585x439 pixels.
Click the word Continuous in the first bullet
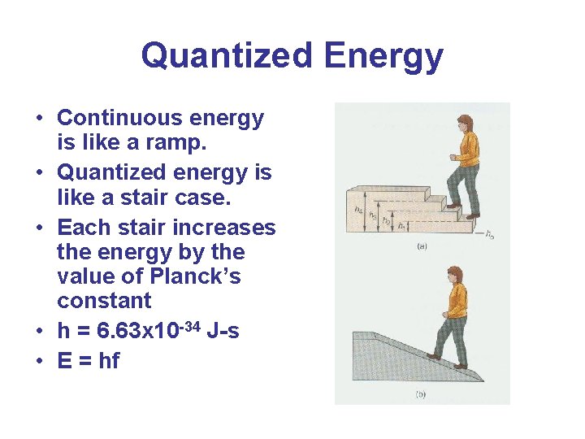pyautogui.click(x=120, y=118)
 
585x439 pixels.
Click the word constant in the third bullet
pyautogui.click(x=104, y=300)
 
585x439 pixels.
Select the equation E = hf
pyautogui.click(x=89, y=360)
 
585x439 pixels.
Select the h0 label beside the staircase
pyautogui.click(x=489, y=236)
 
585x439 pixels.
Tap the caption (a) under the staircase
pyautogui.click(x=422, y=245)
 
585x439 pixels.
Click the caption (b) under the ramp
pyautogui.click(x=421, y=394)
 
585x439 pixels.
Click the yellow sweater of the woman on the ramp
pyautogui.click(x=457, y=303)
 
